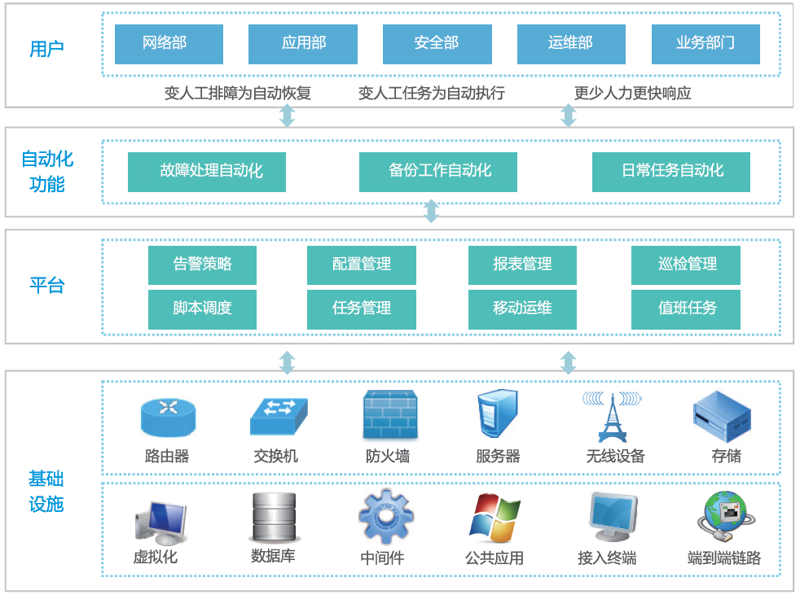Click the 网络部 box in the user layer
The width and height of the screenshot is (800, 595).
pos(169,44)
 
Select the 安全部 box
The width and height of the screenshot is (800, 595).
pos(437,44)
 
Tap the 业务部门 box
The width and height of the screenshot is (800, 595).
pos(705,44)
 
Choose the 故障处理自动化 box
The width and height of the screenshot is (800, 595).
pos(207,172)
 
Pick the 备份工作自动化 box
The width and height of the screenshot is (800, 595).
pos(438,172)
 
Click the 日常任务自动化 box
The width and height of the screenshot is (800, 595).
pos(671,172)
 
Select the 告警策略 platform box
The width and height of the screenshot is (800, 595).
pos(202,265)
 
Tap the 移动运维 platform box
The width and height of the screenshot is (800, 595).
pos(522,308)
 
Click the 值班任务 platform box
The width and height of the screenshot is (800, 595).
pos(686,308)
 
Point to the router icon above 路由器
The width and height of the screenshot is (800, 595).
pos(168,416)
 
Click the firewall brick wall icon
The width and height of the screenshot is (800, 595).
pos(389,415)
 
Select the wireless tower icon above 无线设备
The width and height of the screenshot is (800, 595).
pos(611,416)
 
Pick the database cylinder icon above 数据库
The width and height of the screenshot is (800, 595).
pos(273,517)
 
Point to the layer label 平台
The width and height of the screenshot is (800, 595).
pos(46,286)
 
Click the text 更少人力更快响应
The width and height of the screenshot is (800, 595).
pos(632,93)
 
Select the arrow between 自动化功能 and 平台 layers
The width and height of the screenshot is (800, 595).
pos(432,212)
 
